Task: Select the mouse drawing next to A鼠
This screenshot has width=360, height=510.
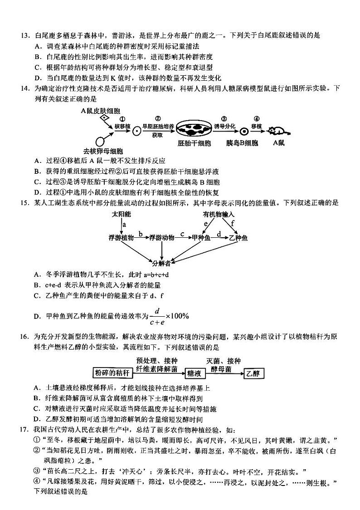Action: pyautogui.click(x=277, y=131)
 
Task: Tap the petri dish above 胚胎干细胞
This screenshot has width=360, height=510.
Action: pyautogui.click(x=194, y=130)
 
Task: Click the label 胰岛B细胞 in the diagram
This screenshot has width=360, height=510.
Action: pyautogui.click(x=242, y=143)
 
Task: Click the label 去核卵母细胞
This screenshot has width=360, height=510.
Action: pyautogui.click(x=103, y=151)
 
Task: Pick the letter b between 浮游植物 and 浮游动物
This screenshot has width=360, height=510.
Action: pyautogui.click(x=141, y=234)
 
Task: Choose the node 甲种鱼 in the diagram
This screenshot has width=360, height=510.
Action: pyautogui.click(x=202, y=237)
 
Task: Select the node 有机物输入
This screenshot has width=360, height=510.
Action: pyautogui.click(x=219, y=214)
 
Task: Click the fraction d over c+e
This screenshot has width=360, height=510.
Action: pyautogui.click(x=157, y=316)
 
